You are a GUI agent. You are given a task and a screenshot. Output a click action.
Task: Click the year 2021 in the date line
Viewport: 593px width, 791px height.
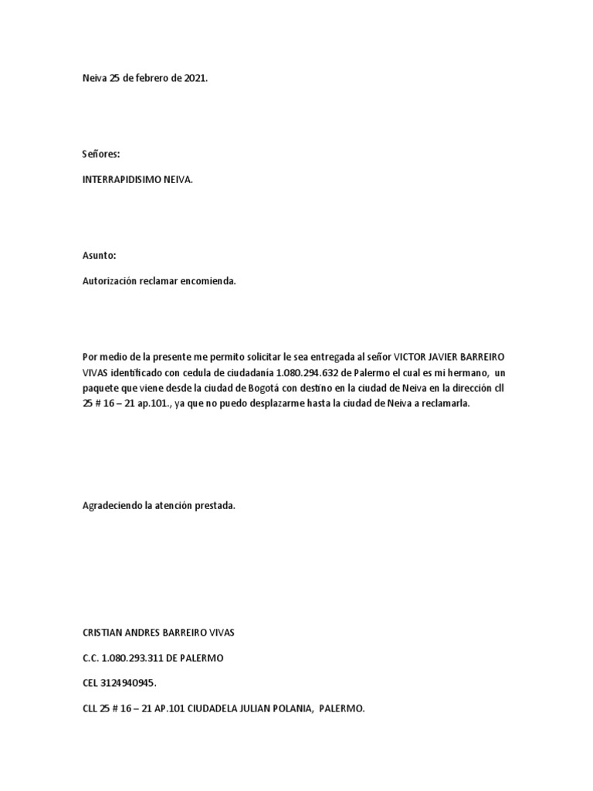pos(195,79)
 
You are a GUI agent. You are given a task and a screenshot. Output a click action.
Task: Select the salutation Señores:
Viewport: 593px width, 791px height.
pos(101,154)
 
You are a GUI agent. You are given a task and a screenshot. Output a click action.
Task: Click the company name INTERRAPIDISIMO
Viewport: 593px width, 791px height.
pos(120,179)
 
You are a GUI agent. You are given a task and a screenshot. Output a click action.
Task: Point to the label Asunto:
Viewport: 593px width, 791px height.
pos(100,256)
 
